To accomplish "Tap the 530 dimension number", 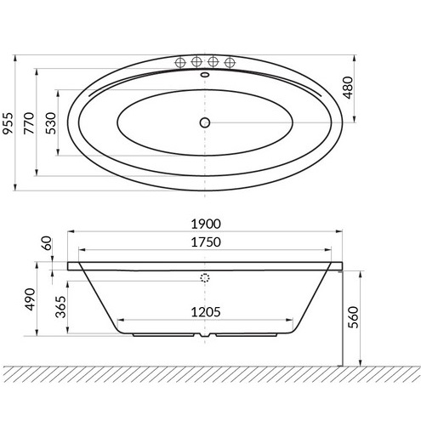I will click(51, 123).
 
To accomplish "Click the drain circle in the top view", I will click(204, 123).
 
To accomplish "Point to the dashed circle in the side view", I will click(204, 278).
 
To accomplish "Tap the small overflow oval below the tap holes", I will click(204, 74).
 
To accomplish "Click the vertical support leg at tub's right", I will click(341, 315).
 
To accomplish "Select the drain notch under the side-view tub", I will click(204, 335).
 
